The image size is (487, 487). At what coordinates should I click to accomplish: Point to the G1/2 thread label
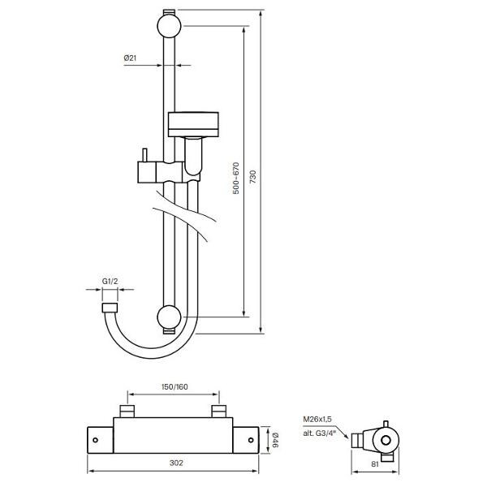tap(111, 282)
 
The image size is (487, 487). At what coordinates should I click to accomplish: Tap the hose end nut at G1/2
tap(108, 308)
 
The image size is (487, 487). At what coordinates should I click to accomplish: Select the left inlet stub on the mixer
tap(127, 410)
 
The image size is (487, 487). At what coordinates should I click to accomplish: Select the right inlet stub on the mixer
tap(218, 410)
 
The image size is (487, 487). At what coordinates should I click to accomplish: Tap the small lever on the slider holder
tap(142, 156)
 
